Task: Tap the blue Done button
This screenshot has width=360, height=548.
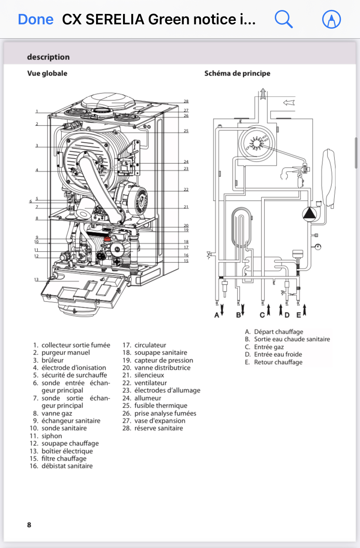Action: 36,20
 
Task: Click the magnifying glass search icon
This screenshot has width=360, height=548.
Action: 283,20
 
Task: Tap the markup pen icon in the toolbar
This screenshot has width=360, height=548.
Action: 331,20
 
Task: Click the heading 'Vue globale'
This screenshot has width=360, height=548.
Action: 47,73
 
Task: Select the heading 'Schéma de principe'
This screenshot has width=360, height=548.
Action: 237,73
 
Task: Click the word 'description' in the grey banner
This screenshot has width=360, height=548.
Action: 48,57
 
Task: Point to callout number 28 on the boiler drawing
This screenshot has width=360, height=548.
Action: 186,101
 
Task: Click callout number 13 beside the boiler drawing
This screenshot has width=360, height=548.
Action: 37,279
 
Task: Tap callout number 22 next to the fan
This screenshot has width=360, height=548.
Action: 186,189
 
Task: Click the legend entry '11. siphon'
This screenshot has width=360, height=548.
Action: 46,436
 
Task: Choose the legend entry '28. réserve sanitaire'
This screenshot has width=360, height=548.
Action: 153,428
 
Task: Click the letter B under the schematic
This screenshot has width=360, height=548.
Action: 238,315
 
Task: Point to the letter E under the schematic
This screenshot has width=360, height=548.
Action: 299,315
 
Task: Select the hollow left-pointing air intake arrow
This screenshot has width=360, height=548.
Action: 289,103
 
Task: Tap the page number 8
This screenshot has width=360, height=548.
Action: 29,525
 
